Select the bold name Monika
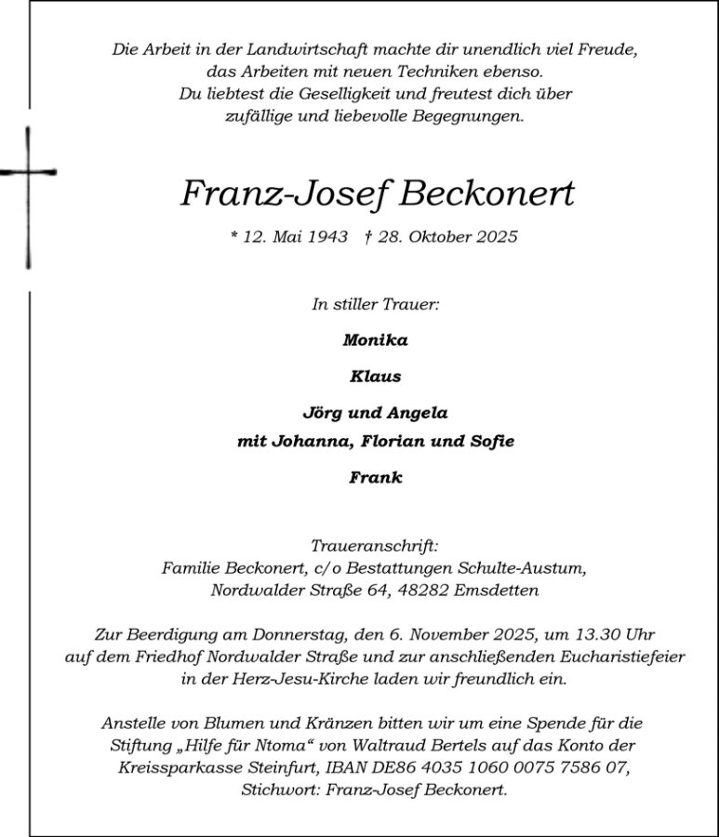(x=375, y=339)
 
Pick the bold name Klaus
(x=375, y=377)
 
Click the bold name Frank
(x=375, y=478)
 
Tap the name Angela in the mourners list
(x=418, y=413)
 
